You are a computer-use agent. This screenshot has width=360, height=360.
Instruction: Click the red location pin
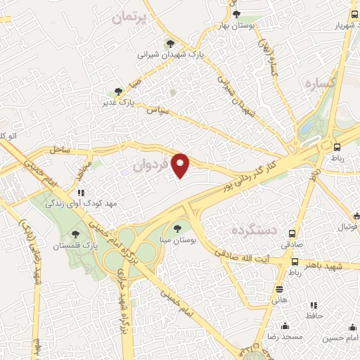click(181, 165)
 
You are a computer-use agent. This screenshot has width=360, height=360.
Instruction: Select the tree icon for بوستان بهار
click(236, 13)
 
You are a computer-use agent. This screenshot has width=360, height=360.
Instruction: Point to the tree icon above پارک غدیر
click(118, 91)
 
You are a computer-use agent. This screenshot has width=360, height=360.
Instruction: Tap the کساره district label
click(318, 83)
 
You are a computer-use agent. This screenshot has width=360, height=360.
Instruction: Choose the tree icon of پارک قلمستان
click(76, 233)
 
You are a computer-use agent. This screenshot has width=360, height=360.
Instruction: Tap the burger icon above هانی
click(280, 289)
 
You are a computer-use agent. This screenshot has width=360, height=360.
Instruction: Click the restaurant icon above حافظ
click(314, 305)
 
